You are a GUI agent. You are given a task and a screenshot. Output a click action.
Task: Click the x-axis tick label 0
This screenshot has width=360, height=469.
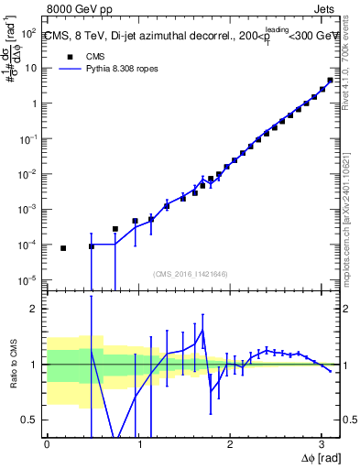(x=47, y=444)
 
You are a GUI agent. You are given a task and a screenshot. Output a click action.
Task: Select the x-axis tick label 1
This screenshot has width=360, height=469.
(x=138, y=444)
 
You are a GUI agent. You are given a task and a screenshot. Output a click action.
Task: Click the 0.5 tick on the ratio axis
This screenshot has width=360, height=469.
(x=31, y=420)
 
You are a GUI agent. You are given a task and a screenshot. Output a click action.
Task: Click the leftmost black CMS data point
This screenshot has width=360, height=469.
(x=63, y=248)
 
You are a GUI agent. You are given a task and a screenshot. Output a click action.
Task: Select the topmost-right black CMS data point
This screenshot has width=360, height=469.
(x=331, y=80)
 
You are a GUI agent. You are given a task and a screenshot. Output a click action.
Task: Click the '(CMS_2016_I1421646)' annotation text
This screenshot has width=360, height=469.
(x=190, y=273)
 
